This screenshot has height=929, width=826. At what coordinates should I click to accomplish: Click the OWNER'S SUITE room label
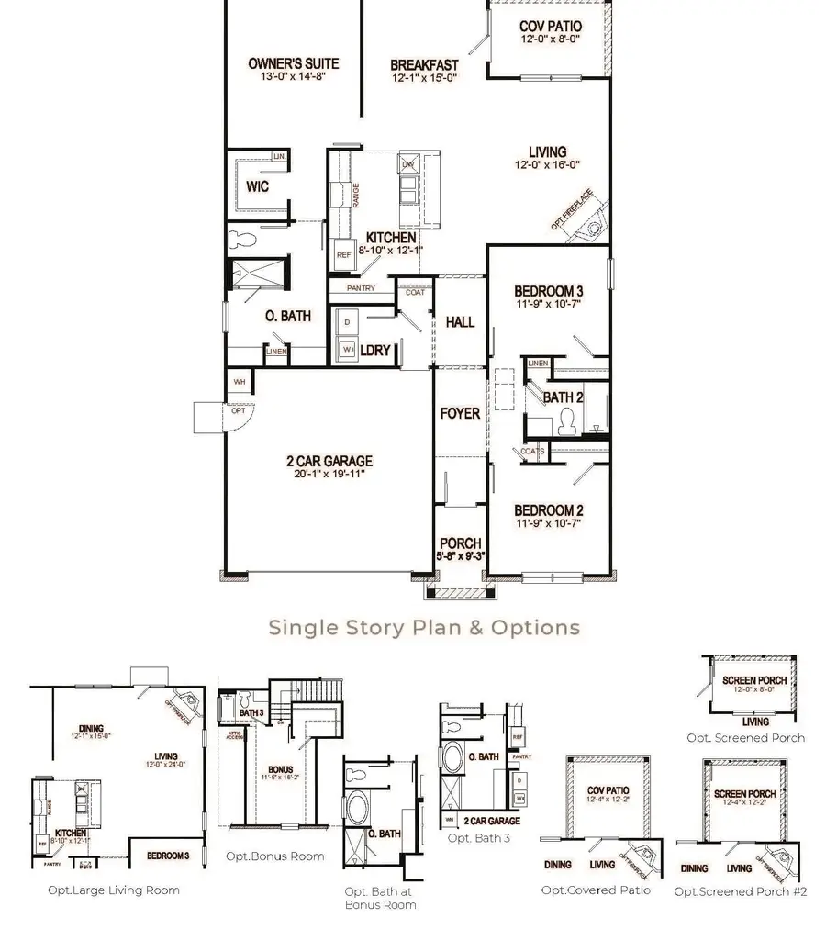coord(293,63)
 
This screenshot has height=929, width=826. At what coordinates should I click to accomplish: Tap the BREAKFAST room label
coord(423,65)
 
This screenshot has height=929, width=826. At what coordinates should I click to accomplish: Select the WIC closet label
coord(256,185)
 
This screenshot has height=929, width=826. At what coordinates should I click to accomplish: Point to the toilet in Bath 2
coord(566,420)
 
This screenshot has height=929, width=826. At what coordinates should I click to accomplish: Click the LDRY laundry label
coord(375,351)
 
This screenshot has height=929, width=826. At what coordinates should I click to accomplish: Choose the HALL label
coord(460,322)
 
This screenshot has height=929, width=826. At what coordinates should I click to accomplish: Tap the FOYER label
coord(460,413)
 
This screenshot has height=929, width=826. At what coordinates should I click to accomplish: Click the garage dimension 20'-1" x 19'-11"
coord(328,475)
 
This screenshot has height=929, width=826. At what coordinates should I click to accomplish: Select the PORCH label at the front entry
coord(460,543)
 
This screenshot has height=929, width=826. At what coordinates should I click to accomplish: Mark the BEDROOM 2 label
coord(549,510)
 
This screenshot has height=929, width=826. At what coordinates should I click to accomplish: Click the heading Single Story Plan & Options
coord(424,628)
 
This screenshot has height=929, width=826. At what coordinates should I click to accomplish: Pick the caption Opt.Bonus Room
coord(274,856)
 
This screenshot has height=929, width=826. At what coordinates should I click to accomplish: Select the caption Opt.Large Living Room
coord(114,890)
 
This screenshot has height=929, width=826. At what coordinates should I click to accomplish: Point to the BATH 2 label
coord(564,397)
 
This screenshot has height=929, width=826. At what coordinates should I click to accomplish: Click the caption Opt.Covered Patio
coord(596,890)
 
